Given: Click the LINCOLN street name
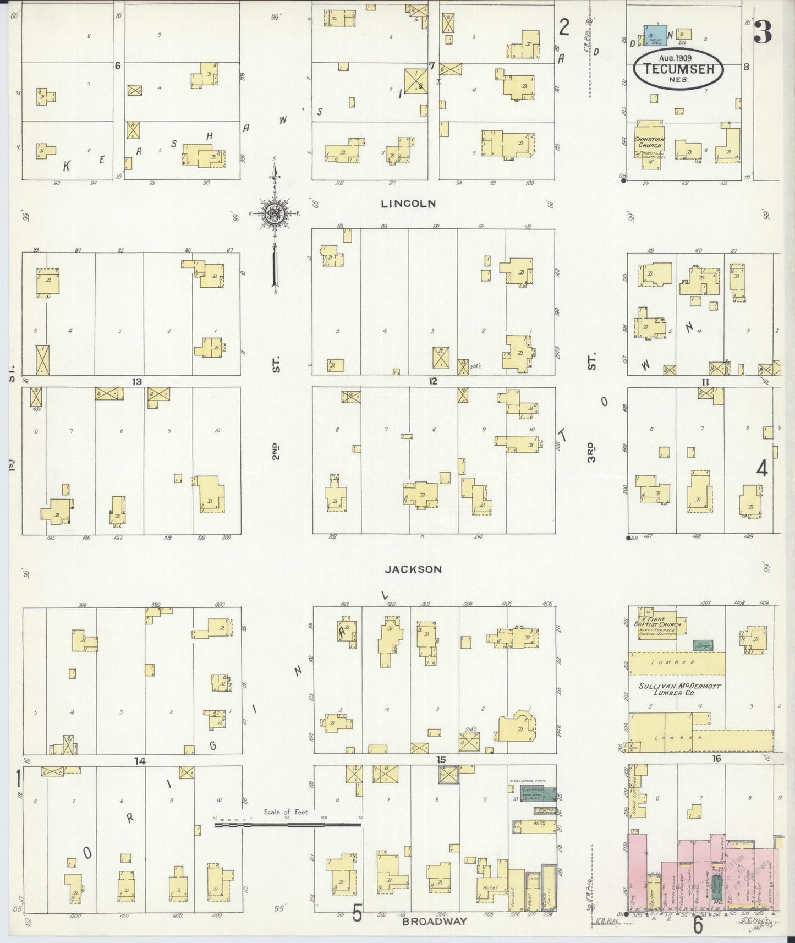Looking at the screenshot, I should pyautogui.click(x=409, y=204).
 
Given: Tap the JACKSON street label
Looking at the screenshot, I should pyautogui.click(x=413, y=569).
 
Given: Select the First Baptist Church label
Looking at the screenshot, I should pyautogui.click(x=662, y=622).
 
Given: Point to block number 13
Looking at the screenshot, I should pyautogui.click(x=138, y=382).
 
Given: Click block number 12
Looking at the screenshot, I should pyautogui.click(x=434, y=381).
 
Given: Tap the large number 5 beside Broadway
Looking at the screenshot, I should pyautogui.click(x=357, y=914).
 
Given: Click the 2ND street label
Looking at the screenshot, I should pyautogui.click(x=277, y=449).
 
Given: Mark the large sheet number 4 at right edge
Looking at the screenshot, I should pyautogui.click(x=763, y=468).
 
